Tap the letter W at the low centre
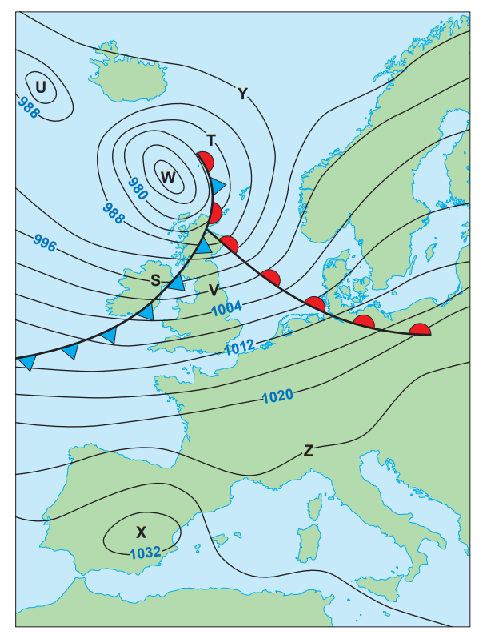(168, 177)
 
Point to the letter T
(211, 141)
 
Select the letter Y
(242, 94)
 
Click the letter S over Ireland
(155, 280)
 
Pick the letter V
(214, 290)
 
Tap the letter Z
(308, 451)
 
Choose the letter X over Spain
(142, 532)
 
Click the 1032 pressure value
(145, 552)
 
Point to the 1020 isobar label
(277, 395)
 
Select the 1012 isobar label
(238, 346)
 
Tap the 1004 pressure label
(228, 309)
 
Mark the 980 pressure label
(138, 189)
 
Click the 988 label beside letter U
(27, 107)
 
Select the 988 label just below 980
(114, 212)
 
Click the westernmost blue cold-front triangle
(27, 363)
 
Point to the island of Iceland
(128, 72)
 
